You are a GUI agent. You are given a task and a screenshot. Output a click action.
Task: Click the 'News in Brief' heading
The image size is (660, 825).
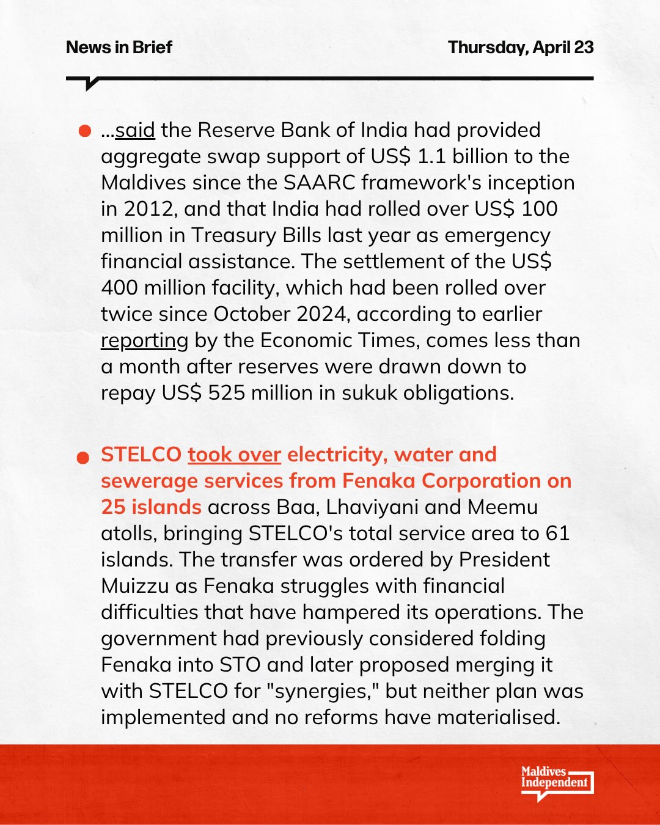[x=119, y=47]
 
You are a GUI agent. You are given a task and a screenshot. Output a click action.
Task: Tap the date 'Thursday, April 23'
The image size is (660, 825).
[x=521, y=47]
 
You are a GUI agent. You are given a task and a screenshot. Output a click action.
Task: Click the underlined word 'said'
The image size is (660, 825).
[x=135, y=130]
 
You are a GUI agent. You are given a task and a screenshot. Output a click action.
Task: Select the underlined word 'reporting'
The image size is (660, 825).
[x=144, y=340]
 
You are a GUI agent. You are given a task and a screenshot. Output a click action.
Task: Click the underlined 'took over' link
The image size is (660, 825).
[x=234, y=455]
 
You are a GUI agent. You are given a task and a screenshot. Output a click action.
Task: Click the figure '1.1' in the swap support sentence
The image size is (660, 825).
[x=431, y=156]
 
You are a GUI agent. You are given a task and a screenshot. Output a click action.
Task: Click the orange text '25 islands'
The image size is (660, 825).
[x=151, y=507]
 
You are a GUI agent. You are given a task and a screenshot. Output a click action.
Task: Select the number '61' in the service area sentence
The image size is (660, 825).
[x=557, y=533]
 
